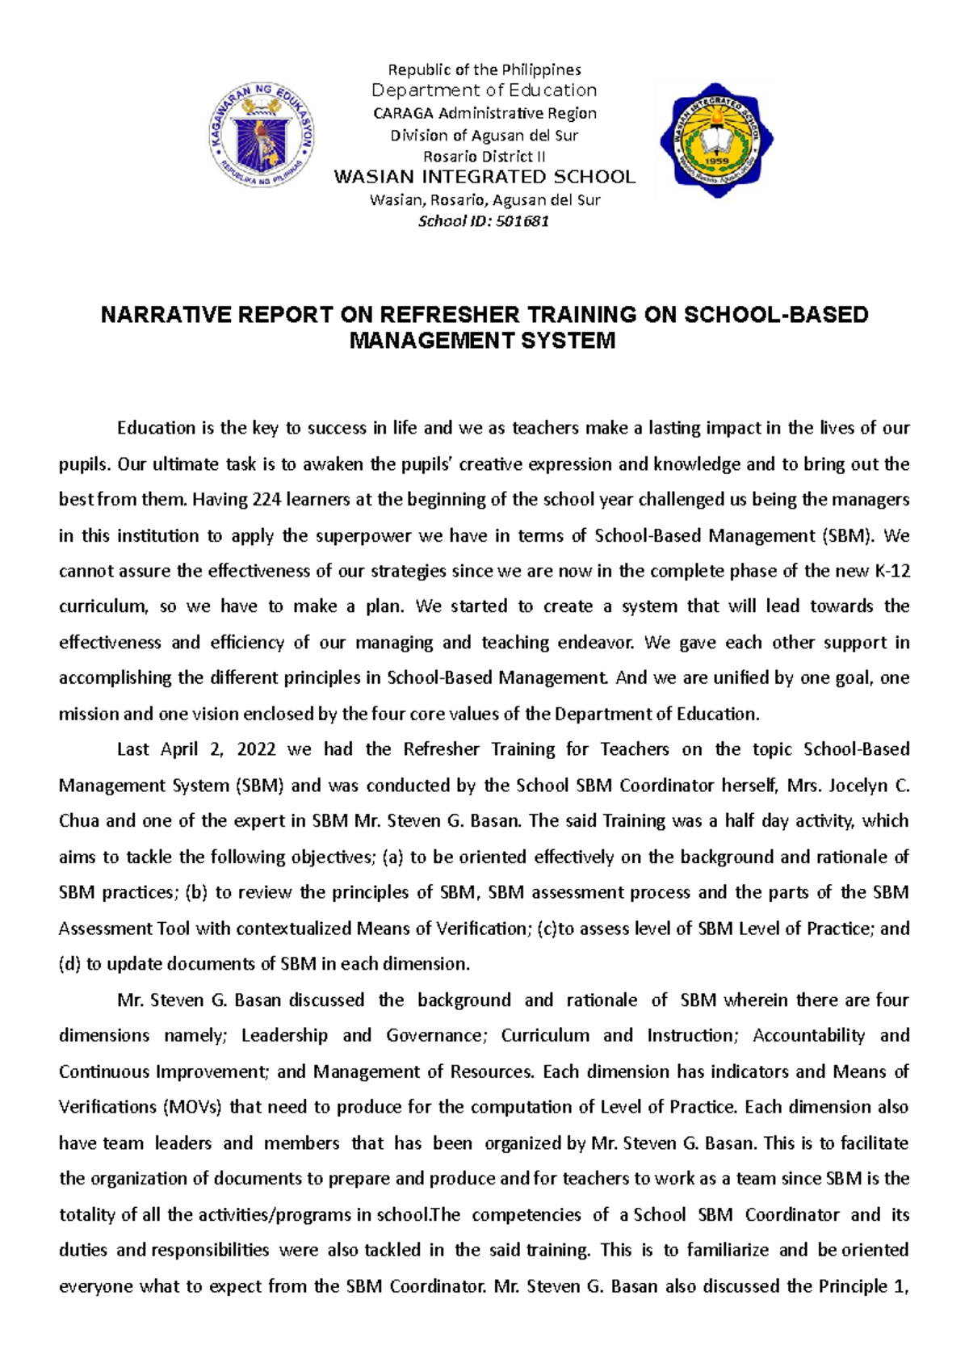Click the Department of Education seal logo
[262, 136]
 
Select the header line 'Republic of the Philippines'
[484, 69]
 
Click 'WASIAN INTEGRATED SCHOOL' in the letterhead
[484, 177]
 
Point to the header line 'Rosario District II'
[484, 157]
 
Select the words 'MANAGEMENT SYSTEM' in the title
[482, 341]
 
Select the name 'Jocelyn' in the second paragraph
[861, 786]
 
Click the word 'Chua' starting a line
[79, 821]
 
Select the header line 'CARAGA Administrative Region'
[484, 113]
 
